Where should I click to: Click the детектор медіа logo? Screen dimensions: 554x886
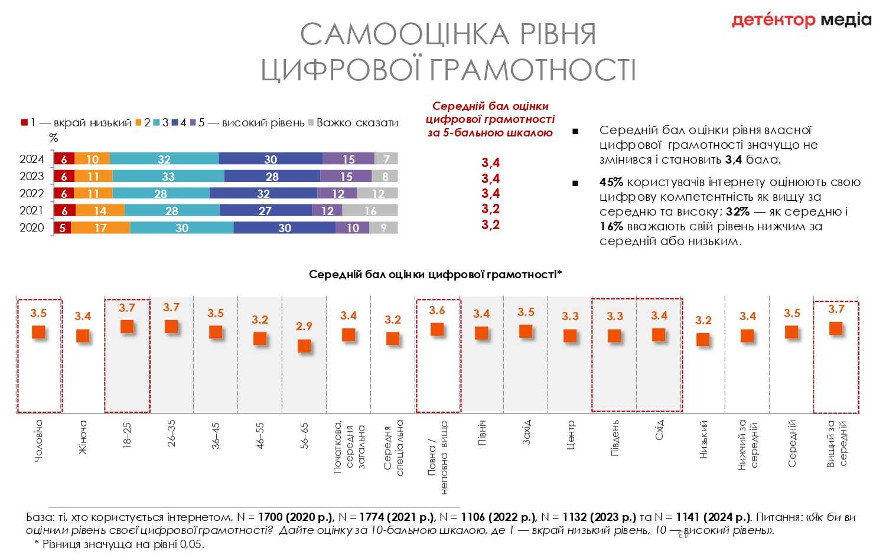[x=802, y=20]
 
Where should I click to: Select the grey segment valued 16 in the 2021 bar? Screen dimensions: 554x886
[x=370, y=211]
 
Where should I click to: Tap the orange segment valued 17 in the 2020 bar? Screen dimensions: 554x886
[x=100, y=228]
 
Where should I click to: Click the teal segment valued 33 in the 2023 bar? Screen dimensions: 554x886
[x=168, y=177]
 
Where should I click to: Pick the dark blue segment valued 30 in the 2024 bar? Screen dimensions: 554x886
[x=271, y=159]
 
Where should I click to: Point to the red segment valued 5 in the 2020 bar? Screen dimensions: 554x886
[x=63, y=228]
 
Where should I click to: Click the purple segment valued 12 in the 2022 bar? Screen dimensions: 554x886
[x=337, y=194]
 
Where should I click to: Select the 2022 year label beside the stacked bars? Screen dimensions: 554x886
[x=32, y=194]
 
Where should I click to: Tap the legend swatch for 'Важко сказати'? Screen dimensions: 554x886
[x=311, y=123]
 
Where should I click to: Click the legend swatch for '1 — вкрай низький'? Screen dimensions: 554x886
[x=25, y=123]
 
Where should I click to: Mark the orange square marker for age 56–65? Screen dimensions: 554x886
[x=304, y=346]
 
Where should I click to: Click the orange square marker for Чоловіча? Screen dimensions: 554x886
[x=38, y=332]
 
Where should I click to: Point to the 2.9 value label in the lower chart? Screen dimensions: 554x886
[x=304, y=326]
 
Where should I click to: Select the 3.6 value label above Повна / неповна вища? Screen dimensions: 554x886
[x=437, y=310]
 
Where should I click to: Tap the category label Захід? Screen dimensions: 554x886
[x=526, y=432]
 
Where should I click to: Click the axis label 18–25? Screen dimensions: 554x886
[x=127, y=434]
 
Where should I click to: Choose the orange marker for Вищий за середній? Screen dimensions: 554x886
[x=836, y=328]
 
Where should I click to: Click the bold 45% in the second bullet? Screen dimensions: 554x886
[x=611, y=183]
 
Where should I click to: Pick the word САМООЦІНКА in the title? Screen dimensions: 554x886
[x=405, y=34]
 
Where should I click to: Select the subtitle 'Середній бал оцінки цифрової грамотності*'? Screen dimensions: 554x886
[x=435, y=274]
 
